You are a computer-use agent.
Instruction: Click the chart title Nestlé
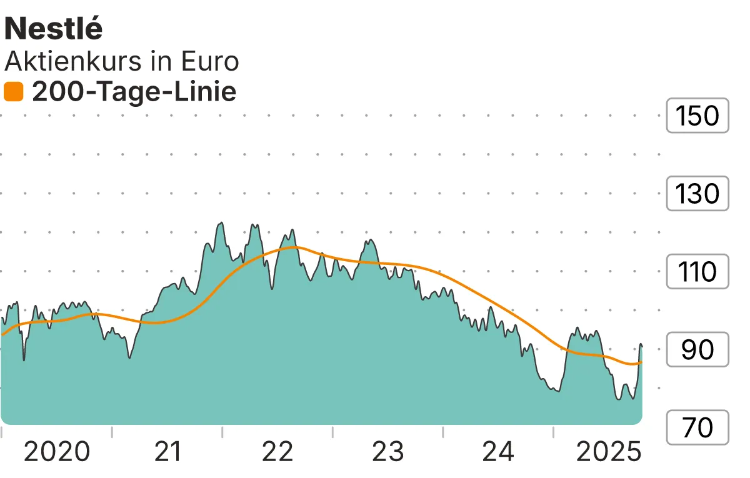54,29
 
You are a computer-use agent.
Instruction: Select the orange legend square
13,92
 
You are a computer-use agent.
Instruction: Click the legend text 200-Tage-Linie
134,92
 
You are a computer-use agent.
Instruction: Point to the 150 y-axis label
697,116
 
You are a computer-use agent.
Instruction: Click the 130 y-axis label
697,194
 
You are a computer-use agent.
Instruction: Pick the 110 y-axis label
697,272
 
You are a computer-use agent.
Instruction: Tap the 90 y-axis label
697,350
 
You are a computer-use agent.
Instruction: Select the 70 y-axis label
697,428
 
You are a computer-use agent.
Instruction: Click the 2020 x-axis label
56,451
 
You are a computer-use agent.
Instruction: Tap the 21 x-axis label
167,451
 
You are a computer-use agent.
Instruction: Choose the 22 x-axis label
277,451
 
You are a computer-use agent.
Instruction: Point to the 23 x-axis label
388,451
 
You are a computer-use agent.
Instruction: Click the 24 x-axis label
499,451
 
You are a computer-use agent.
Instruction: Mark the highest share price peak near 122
220,223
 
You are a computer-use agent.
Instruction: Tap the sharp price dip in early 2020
24,359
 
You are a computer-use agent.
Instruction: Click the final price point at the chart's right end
641,346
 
